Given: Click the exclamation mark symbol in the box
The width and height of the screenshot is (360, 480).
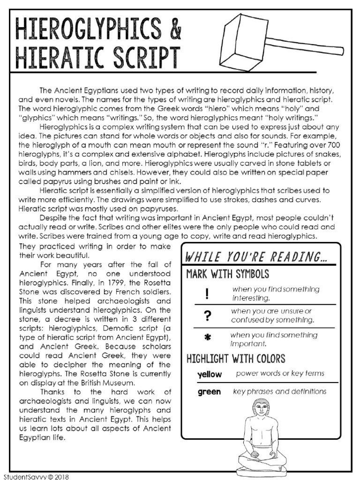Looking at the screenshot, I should (206, 293).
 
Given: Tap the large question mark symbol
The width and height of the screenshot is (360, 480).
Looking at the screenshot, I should (206, 316).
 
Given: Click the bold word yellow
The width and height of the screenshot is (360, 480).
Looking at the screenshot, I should (210, 375).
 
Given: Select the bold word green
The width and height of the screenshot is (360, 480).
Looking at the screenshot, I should (209, 391).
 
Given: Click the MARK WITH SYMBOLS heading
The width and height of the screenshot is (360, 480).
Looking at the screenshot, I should (228, 274).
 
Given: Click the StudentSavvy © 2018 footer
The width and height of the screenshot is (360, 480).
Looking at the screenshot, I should (36, 476).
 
